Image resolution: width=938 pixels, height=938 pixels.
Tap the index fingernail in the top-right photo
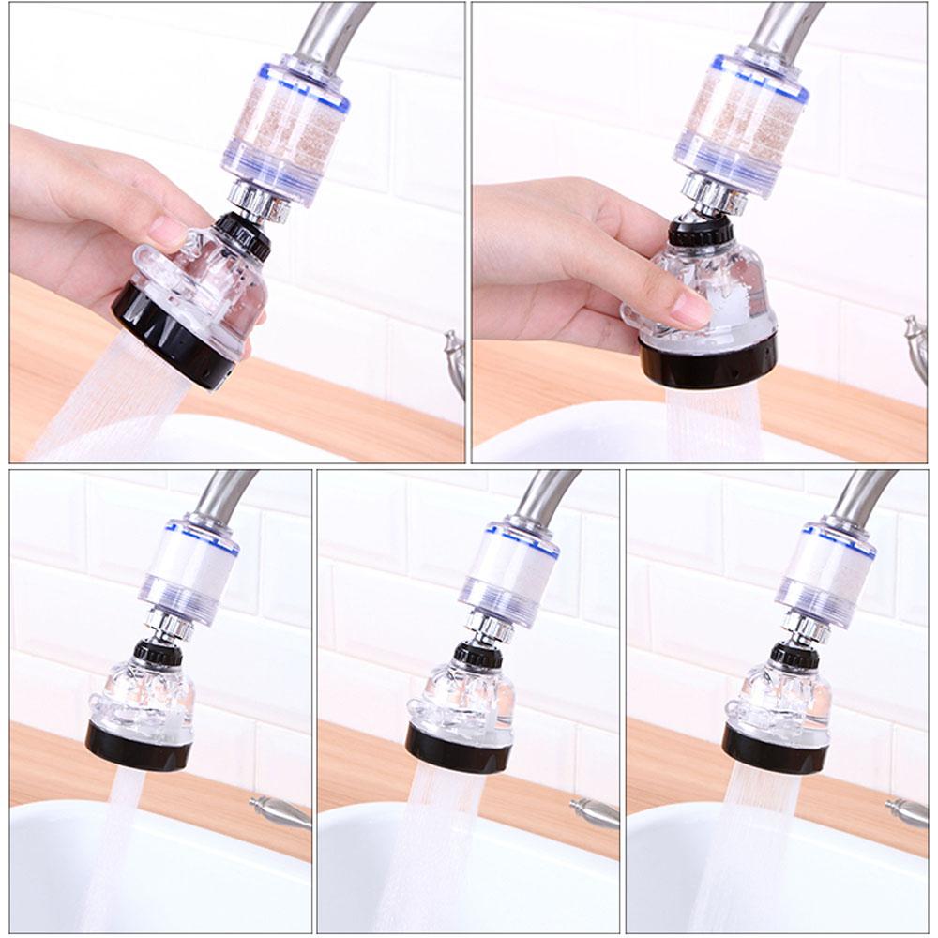(693, 309)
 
